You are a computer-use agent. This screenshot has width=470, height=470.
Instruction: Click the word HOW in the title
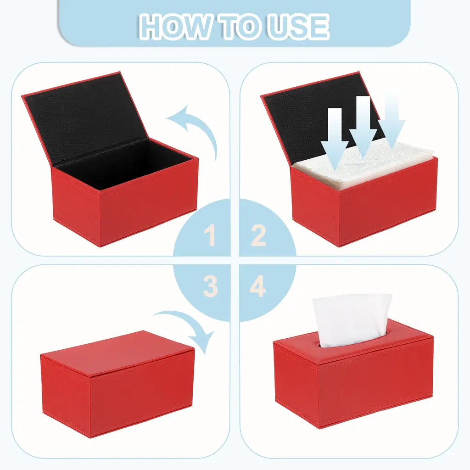pyautogui.click(x=175, y=27)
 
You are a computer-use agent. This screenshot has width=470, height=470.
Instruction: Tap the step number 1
pyautogui.click(x=210, y=235)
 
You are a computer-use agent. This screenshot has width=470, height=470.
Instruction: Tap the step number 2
pyautogui.click(x=258, y=235)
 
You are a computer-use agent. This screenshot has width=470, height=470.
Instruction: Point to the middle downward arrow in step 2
pyautogui.click(x=363, y=126)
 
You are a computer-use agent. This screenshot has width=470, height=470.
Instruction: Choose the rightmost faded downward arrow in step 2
pyautogui.click(x=392, y=123)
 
